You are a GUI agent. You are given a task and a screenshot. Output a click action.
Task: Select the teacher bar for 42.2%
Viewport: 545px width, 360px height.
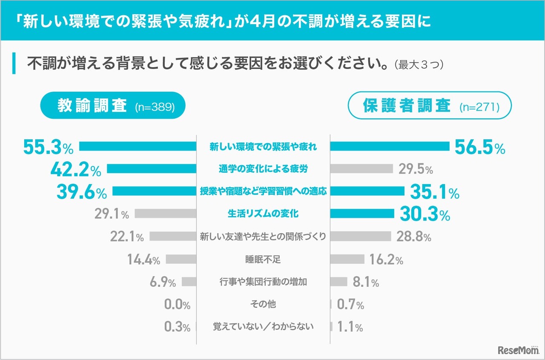click(151, 169)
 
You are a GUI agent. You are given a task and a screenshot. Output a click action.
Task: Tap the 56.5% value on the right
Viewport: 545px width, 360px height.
click(479, 147)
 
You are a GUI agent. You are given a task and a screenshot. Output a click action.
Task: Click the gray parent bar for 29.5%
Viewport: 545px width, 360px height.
click(361, 169)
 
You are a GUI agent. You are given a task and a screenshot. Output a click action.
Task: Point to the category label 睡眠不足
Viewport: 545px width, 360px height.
click(263, 259)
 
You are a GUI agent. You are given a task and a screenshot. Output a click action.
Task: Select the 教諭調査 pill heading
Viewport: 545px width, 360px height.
click(113, 105)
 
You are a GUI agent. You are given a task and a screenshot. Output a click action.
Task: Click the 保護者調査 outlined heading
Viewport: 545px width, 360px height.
click(430, 105)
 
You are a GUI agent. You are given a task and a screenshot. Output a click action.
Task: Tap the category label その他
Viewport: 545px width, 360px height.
click(263, 304)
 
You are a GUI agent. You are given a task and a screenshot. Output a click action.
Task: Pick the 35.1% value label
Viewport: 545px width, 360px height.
click(434, 192)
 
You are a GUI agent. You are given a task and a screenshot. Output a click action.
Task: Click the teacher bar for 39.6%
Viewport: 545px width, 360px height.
click(154, 191)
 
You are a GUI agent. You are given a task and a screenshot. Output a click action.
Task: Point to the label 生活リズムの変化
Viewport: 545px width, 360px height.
click(263, 214)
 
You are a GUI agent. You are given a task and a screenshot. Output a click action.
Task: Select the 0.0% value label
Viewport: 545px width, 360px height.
click(177, 304)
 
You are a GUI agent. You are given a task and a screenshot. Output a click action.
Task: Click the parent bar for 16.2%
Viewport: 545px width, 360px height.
click(347, 259)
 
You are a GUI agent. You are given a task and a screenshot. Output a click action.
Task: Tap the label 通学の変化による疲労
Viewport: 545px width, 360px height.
click(263, 169)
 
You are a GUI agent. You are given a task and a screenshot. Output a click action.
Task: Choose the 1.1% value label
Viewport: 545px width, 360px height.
click(350, 327)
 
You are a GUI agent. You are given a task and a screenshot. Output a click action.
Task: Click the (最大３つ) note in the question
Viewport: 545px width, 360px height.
click(419, 65)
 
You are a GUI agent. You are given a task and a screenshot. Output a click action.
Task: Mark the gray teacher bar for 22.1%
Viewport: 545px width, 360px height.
click(173, 237)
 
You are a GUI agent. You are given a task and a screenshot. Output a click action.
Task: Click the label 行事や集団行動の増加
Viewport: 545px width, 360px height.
click(263, 282)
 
